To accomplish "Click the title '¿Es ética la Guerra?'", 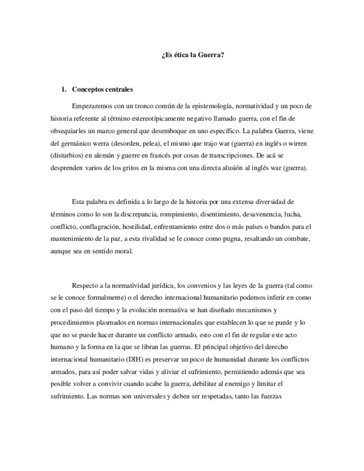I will pos(193,55).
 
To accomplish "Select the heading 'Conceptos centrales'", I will pos(102,89).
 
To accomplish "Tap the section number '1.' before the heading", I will pos(64,89).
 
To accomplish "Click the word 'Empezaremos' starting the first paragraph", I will pos(92,106).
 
